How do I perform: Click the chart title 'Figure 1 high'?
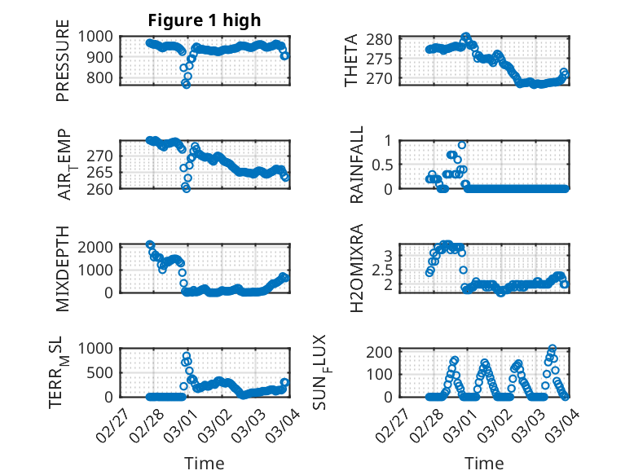204,20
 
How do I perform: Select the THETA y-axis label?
351,60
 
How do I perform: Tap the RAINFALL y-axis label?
357,164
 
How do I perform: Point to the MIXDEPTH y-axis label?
63,267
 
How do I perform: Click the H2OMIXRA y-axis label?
357,267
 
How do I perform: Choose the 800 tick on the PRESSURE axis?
103,78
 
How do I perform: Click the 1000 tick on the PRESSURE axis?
100,36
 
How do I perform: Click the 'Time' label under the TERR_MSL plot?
204,464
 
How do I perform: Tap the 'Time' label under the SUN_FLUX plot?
484,464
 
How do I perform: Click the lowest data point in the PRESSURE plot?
187,84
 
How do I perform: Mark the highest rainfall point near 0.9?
462,145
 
